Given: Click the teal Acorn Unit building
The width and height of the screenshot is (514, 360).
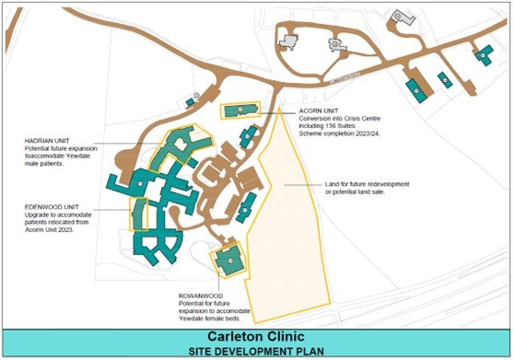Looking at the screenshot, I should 241,110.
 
